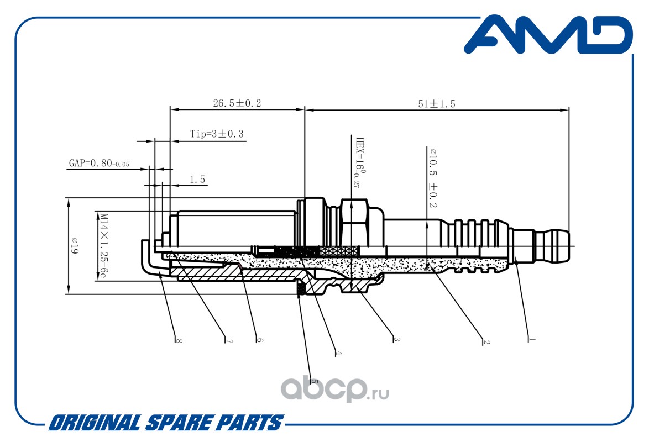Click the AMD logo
click(x=548, y=35)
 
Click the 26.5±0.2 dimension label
click(x=237, y=103)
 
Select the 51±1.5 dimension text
click(x=437, y=103)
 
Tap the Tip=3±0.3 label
click(x=217, y=134)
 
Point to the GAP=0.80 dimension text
click(x=99, y=163)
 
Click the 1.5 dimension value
click(x=197, y=179)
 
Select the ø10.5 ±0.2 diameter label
click(x=433, y=178)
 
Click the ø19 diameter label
click(x=75, y=246)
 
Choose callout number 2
click(x=486, y=342)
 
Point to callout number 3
click(x=396, y=339)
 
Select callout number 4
click(x=338, y=353)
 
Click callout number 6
click(x=259, y=340)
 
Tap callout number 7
click(x=229, y=341)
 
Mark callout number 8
click(x=179, y=340)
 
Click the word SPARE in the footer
click(x=179, y=423)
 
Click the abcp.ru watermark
click(x=335, y=390)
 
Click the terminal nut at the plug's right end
click(x=552, y=246)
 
